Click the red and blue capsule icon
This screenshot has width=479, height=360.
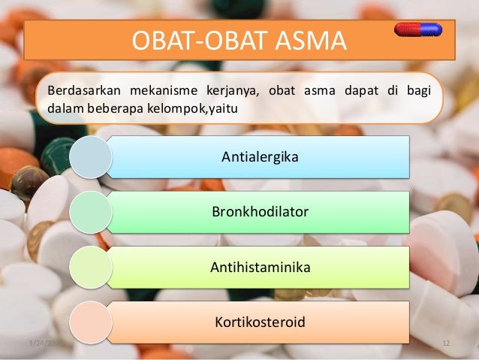coord(418,29)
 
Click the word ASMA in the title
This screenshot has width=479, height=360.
coord(311,41)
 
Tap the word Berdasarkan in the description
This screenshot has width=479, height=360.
coord(84,90)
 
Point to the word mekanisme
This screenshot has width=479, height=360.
coord(164,90)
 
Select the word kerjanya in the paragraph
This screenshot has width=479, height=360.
coord(233,91)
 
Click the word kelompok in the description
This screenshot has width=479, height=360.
coord(177,109)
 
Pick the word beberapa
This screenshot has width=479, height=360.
coord(115,109)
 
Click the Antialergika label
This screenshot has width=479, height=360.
coord(260,157)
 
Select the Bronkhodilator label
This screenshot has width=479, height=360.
coord(261,212)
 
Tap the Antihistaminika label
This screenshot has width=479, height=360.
coord(261,267)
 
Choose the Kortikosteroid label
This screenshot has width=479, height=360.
coord(260,322)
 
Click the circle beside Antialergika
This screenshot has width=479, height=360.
coord(91,157)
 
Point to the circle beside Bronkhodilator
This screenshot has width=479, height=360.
coord(91,212)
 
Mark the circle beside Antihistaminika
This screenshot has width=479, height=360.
coord(91,268)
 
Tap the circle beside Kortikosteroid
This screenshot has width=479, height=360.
coord(91,322)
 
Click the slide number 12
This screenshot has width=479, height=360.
coord(446,343)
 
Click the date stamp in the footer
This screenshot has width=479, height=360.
coord(46,343)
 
